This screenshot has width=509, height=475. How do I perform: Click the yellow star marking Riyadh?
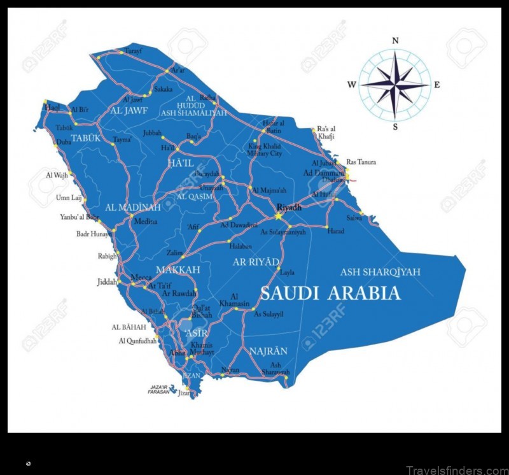(279, 216)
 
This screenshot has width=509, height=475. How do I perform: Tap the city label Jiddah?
(107, 281)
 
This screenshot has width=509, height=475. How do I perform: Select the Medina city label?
(144, 222)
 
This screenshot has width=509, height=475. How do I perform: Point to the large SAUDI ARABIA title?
(330, 293)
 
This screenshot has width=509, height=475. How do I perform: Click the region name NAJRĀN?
(268, 351)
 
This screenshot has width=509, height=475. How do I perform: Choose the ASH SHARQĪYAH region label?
(380, 272)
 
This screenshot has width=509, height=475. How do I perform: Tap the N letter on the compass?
(395, 41)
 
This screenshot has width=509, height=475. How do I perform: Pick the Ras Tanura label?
(361, 162)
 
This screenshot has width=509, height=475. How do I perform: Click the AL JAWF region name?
(129, 110)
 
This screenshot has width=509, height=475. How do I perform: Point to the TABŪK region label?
(86, 138)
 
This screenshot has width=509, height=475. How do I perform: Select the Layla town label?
(288, 272)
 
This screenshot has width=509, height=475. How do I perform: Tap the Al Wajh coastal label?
(57, 175)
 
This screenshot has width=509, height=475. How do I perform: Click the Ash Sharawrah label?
(275, 369)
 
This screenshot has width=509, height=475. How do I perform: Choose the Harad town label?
(336, 231)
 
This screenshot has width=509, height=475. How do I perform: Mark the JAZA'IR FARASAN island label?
(160, 390)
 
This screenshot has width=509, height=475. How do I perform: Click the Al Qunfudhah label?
(137, 341)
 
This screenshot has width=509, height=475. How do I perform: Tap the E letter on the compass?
(436, 85)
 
